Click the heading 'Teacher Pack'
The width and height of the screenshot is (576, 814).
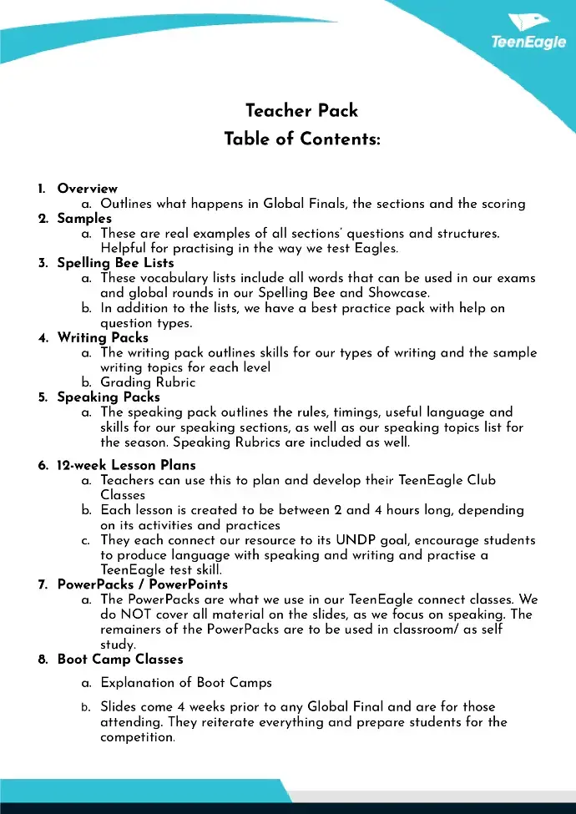click(x=301, y=111)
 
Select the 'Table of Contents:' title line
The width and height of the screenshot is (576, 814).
click(x=301, y=139)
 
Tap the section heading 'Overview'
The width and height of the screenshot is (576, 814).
click(x=88, y=189)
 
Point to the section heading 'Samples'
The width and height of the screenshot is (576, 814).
click(x=84, y=219)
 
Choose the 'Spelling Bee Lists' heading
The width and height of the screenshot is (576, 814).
click(x=115, y=263)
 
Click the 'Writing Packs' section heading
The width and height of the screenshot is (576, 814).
click(x=103, y=337)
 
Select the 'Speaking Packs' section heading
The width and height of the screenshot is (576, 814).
click(x=109, y=397)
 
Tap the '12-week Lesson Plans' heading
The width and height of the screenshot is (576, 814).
click(x=126, y=465)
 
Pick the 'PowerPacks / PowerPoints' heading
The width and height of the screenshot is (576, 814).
click(x=142, y=584)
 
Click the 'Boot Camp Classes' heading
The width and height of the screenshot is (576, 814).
click(x=120, y=660)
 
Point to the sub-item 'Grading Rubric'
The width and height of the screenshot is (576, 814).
click(x=148, y=382)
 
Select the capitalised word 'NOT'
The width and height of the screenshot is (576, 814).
click(x=132, y=614)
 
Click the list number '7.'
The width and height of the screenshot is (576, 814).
click(x=43, y=584)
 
